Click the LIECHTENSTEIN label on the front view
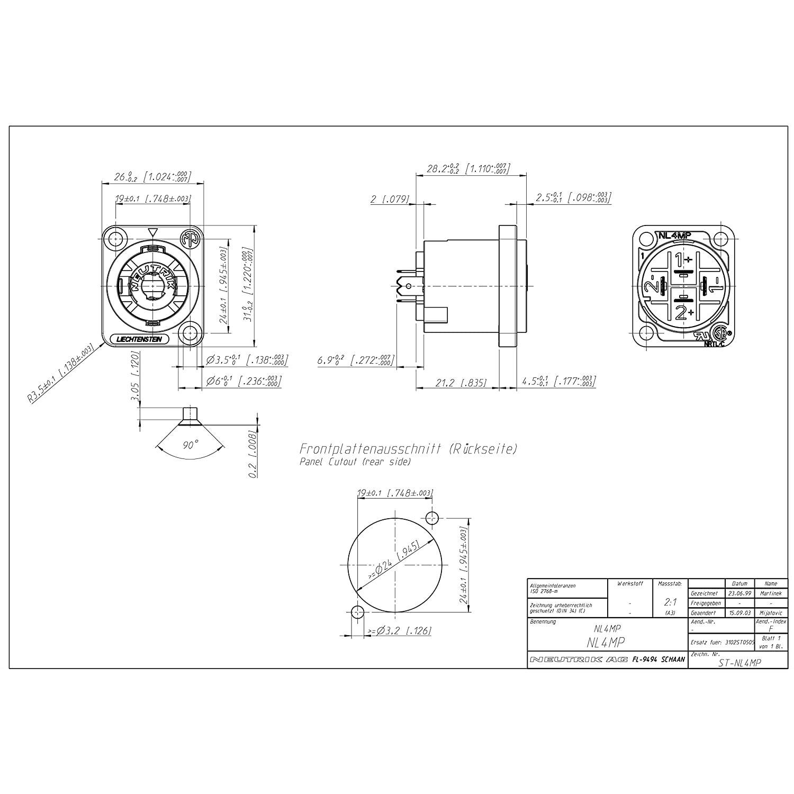(139, 339)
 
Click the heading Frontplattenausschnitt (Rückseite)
(408, 449)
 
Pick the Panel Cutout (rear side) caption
(355, 462)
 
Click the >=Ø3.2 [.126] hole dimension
(399, 630)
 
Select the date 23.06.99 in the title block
(739, 593)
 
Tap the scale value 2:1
(670, 602)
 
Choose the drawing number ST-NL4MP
(739, 662)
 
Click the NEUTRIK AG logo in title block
(579, 660)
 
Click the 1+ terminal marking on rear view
(683, 259)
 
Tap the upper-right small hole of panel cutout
(432, 517)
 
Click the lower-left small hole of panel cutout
(357, 612)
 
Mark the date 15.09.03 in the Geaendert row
(739, 612)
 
